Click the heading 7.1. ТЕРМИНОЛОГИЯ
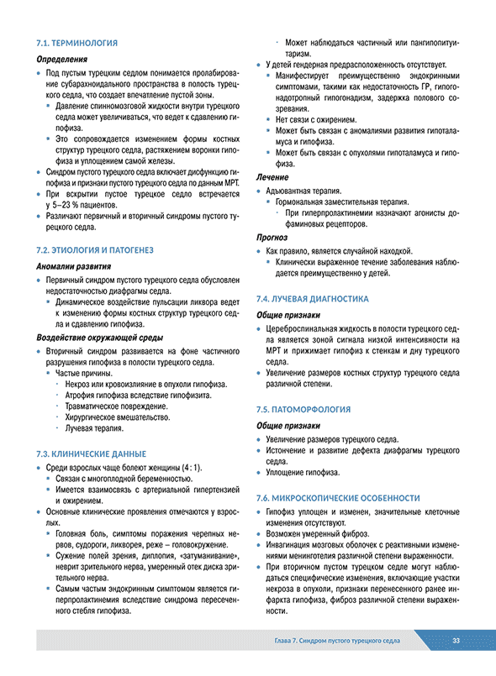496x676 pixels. click(x=77, y=42)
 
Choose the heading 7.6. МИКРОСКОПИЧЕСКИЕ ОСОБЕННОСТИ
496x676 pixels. click(x=344, y=498)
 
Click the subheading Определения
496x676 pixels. click(x=62, y=60)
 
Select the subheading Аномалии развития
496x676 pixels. click(x=73, y=267)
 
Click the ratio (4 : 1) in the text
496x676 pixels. click(x=189, y=467)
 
